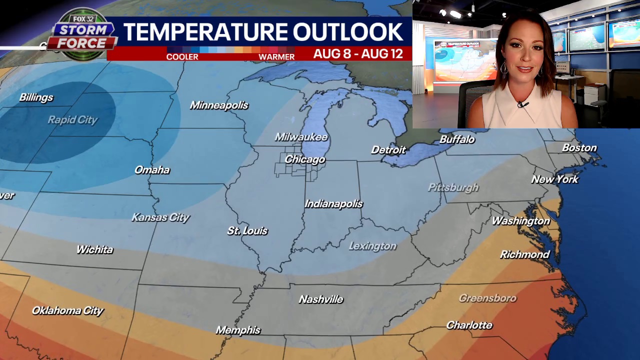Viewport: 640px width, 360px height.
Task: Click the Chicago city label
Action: click(305, 159)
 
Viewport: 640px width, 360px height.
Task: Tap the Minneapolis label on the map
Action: click(219, 105)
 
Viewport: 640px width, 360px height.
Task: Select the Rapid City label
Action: click(72, 120)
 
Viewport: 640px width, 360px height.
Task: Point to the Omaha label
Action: click(152, 170)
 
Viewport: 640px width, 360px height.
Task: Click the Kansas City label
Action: click(160, 217)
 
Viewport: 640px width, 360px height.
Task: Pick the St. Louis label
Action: click(247, 231)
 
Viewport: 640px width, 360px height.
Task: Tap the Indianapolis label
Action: click(333, 204)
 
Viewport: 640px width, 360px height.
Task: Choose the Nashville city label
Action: click(321, 299)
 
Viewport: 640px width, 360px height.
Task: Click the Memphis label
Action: click(238, 330)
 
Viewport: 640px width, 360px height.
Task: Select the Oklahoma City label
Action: click(67, 311)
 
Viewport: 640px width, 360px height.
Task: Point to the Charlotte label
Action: click(469, 325)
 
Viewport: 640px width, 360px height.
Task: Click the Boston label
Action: click(579, 148)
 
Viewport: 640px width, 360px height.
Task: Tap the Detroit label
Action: click(388, 150)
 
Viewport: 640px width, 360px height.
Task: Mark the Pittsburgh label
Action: click(453, 187)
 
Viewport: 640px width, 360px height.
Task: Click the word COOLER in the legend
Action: click(182, 57)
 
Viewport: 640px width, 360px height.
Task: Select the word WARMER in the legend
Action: click(276, 57)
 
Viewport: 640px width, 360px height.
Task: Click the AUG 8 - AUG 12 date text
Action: click(358, 54)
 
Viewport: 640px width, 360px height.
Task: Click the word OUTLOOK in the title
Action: click(347, 32)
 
